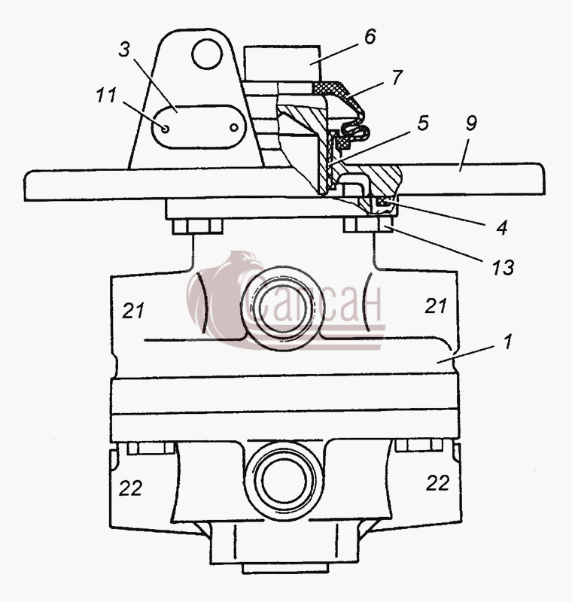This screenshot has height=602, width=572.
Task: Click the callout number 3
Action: [x=124, y=50]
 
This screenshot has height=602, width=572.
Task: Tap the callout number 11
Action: [x=105, y=95]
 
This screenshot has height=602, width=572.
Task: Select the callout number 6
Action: [x=370, y=36]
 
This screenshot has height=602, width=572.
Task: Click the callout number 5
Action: [x=422, y=123]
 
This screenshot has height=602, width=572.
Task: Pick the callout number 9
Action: [x=471, y=123]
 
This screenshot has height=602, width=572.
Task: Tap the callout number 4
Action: [x=501, y=227]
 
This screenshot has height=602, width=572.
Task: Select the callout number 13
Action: [x=503, y=267]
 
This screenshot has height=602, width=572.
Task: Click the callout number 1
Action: [x=507, y=341]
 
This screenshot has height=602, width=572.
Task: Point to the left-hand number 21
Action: [x=133, y=310]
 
